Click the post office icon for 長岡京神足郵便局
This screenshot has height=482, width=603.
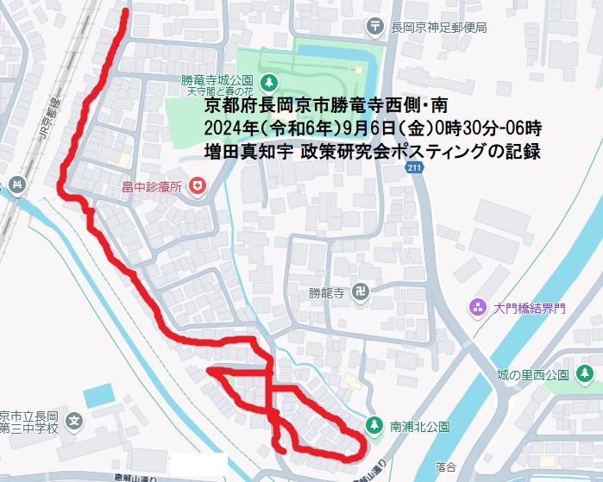click(375, 27)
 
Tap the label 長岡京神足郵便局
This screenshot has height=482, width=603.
click(439, 28)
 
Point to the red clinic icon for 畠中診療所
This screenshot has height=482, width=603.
click(198, 185)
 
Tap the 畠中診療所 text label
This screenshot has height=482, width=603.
click(154, 186)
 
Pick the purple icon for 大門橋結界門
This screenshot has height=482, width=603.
click(476, 307)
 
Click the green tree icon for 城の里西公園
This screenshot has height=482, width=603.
click(583, 374)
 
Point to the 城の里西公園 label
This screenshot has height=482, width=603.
click(532, 375)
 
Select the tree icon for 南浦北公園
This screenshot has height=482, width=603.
click(374, 424)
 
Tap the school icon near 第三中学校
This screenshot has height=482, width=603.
click(75, 422)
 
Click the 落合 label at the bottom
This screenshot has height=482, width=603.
click(446, 466)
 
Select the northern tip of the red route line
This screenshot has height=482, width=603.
click(126, 12)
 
